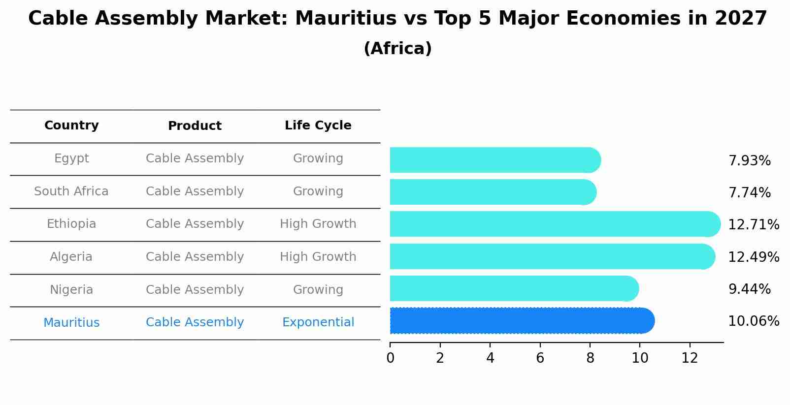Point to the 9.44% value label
[x=749, y=289]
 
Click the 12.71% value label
[x=753, y=225]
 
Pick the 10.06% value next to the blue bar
[x=753, y=321]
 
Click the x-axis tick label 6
[x=540, y=358]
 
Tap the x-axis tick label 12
[x=690, y=358]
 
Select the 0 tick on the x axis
[x=390, y=358]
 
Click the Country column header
[x=71, y=125]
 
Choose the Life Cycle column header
[x=318, y=125]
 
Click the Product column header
[x=195, y=126]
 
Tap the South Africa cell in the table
[x=71, y=191]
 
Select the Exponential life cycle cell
[x=318, y=322]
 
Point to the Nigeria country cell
[x=71, y=290]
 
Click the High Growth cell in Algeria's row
[x=318, y=257]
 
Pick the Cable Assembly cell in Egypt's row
[x=195, y=158]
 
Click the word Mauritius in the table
[x=71, y=323]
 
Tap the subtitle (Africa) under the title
[x=397, y=49]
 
